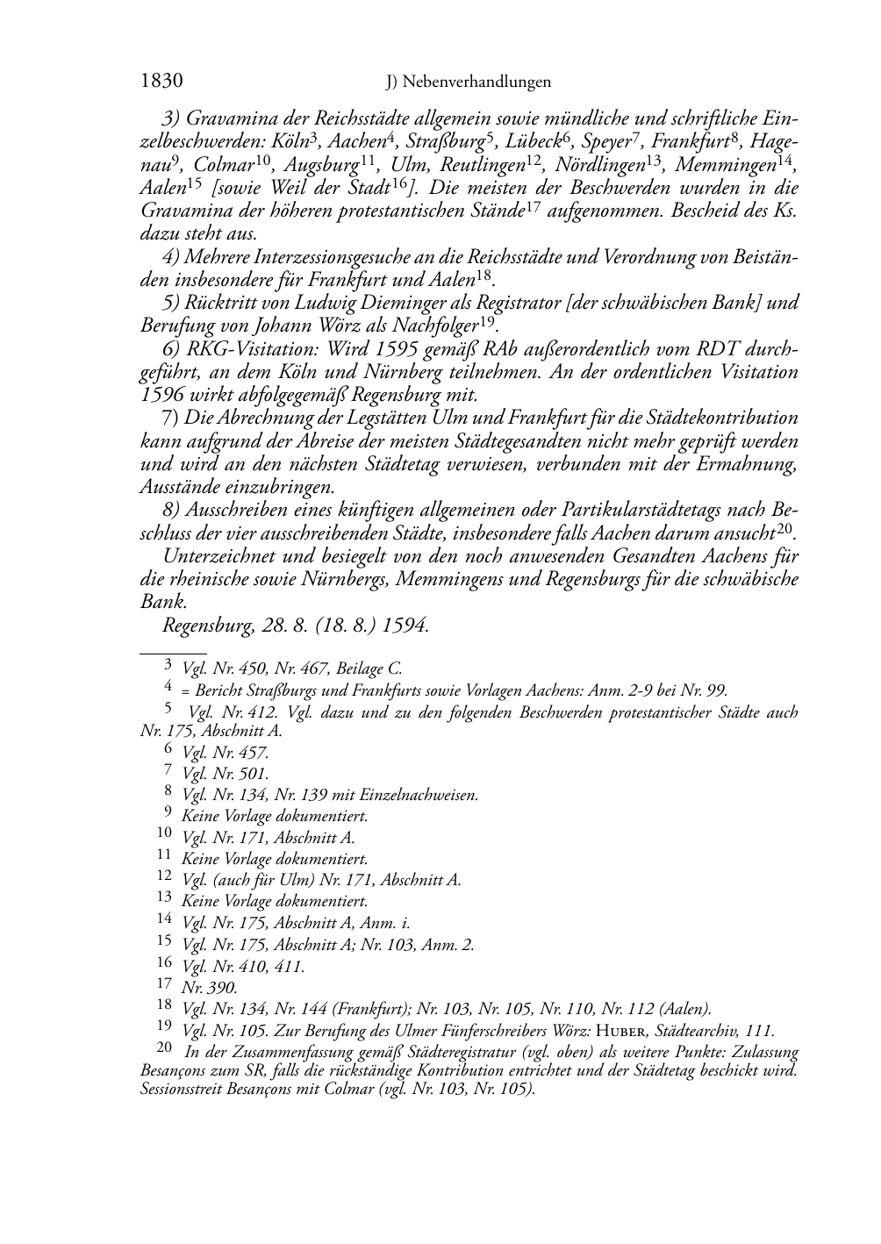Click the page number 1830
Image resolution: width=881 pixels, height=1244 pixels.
pyautogui.click(x=161, y=82)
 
